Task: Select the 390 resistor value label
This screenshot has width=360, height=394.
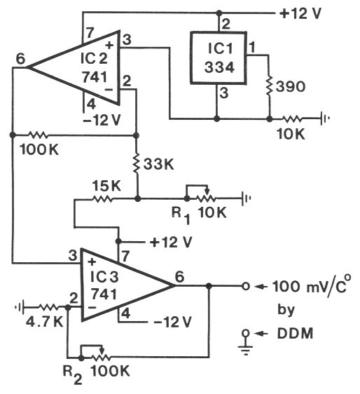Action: (291, 87)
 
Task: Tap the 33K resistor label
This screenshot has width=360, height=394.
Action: (159, 165)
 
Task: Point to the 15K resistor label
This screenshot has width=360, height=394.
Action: (106, 186)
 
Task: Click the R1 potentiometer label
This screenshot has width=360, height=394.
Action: (181, 216)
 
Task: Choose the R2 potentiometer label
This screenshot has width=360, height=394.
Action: (72, 375)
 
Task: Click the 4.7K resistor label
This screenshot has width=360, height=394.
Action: (44, 322)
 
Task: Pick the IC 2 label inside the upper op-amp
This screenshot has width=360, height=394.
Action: (94, 58)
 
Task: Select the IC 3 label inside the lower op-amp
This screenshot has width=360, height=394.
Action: (104, 277)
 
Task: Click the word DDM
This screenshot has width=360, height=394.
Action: (296, 334)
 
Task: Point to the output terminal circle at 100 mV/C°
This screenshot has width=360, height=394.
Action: (246, 286)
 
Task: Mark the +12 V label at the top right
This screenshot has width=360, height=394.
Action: (300, 13)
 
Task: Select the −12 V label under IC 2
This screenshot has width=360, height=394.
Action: (102, 120)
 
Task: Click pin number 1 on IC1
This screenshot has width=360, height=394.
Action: (251, 47)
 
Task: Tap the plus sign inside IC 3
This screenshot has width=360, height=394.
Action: (92, 262)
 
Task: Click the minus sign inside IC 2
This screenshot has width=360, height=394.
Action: (109, 89)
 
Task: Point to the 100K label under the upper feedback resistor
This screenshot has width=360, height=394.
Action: (39, 150)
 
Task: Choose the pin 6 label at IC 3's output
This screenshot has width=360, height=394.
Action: (179, 277)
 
